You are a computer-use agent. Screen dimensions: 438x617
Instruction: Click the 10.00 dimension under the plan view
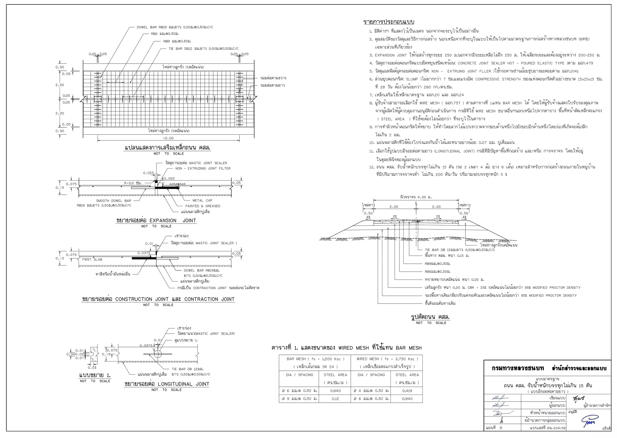[x=168, y=138]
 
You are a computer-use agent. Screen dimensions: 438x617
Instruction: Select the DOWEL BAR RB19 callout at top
[x=175, y=27]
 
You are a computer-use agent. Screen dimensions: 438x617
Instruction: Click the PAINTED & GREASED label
[x=202, y=206]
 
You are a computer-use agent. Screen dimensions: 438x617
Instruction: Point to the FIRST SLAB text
[x=92, y=260]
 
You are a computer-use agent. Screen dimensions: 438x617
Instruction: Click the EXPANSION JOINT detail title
[x=156, y=221]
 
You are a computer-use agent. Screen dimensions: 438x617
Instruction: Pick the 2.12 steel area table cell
[x=335, y=399]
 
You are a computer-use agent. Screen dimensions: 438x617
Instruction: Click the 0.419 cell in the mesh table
[x=407, y=391]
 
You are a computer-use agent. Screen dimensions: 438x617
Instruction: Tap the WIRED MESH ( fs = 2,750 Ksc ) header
[x=387, y=359]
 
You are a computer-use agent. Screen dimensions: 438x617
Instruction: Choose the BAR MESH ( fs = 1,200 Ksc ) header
[x=315, y=359]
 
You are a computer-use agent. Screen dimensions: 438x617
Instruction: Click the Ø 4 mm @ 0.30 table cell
[x=371, y=391]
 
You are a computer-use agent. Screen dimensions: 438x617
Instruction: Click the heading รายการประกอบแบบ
[x=389, y=22]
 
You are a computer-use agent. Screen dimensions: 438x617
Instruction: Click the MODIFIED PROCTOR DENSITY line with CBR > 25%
[x=502, y=288]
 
